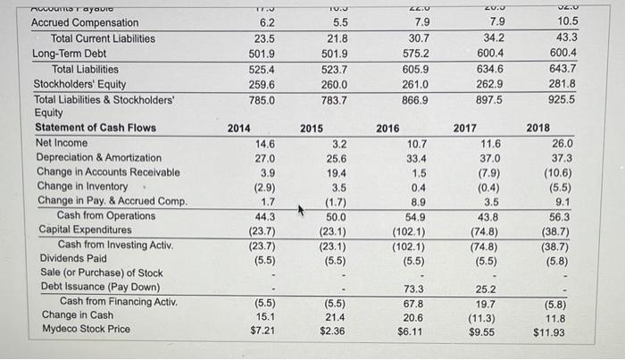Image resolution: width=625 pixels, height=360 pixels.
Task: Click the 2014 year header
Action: pyautogui.click(x=238, y=128)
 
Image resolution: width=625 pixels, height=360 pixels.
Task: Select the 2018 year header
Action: pyautogui.click(x=538, y=128)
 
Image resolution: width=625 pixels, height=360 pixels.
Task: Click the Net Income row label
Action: pyautogui.click(x=62, y=142)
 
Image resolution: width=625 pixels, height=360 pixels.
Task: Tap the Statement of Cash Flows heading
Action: pyautogui.click(x=96, y=128)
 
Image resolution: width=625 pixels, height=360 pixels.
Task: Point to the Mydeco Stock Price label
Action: pyautogui.click(x=86, y=329)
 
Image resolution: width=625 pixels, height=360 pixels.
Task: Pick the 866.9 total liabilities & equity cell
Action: pyautogui.click(x=415, y=100)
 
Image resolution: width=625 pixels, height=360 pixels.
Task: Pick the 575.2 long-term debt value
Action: pyautogui.click(x=415, y=53)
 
